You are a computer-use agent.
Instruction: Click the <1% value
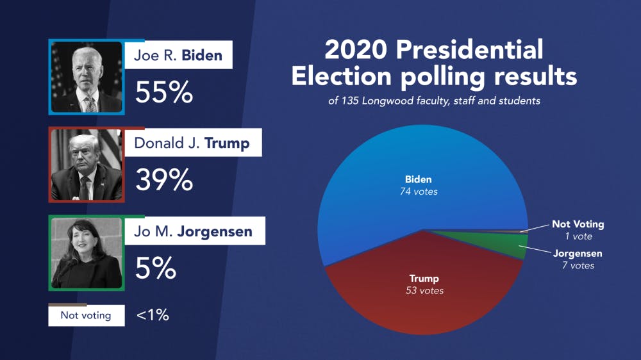pyautogui.click(x=153, y=315)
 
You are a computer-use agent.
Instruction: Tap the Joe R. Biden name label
pyautogui.click(x=178, y=55)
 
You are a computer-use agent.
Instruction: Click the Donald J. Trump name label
pyautogui.click(x=192, y=143)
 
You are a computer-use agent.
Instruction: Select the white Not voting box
pyautogui.click(x=86, y=315)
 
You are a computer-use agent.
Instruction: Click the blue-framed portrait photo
pyautogui.click(x=87, y=76)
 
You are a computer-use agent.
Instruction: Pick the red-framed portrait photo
pyautogui.click(x=87, y=165)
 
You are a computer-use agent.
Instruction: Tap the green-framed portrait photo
pyautogui.click(x=87, y=253)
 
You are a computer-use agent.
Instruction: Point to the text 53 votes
pyautogui.click(x=424, y=291)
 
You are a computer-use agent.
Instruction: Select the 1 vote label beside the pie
pyautogui.click(x=574, y=236)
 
